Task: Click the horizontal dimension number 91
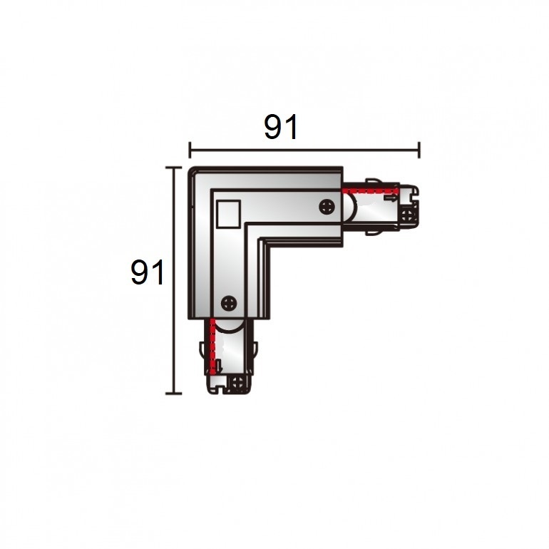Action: click(281, 127)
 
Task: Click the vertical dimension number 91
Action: click(147, 272)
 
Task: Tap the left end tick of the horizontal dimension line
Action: click(190, 150)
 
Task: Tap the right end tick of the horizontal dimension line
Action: click(419, 150)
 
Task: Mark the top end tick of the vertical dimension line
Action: click(173, 168)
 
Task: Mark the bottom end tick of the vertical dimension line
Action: click(173, 394)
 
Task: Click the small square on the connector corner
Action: click(228, 215)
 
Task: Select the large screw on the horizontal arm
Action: click(327, 207)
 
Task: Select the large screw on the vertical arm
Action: click(229, 303)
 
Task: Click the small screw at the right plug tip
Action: click(407, 215)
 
